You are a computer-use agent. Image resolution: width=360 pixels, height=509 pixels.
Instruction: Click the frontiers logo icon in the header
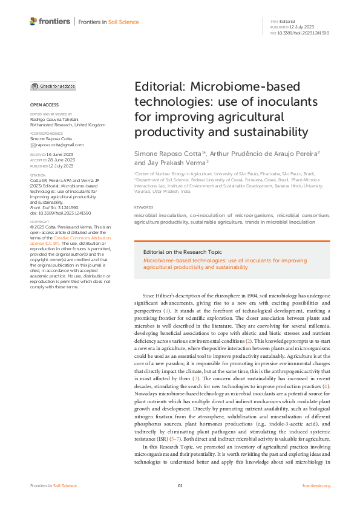pos(33,21)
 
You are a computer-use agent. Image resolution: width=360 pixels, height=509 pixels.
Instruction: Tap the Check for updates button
pos(53,86)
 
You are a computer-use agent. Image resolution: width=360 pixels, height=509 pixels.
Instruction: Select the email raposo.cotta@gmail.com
pos(59,145)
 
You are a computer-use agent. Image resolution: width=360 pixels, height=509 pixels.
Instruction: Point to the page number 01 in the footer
pos(180,486)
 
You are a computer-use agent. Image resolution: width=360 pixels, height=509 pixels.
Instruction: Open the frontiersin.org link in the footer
pos(315,486)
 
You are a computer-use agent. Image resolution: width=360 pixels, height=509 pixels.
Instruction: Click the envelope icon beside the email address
pos(33,145)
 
